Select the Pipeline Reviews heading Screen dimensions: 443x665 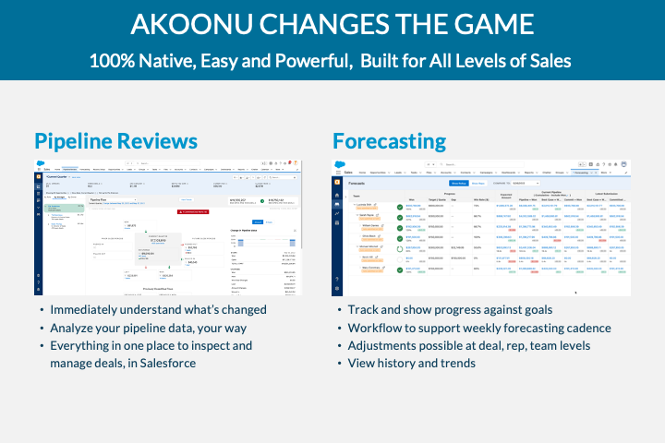click(x=115, y=140)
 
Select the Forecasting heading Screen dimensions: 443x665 click(x=389, y=140)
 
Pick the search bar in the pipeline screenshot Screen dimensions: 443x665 click(x=166, y=163)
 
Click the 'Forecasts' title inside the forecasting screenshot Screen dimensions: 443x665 click(x=362, y=183)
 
